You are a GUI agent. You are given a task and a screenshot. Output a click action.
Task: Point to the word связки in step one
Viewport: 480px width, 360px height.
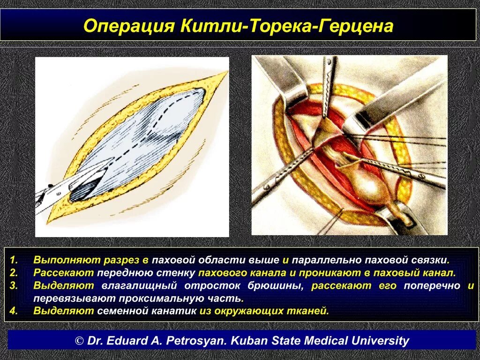[x=430, y=260]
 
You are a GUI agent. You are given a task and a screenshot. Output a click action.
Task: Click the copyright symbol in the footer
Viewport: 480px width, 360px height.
[x=80, y=341]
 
